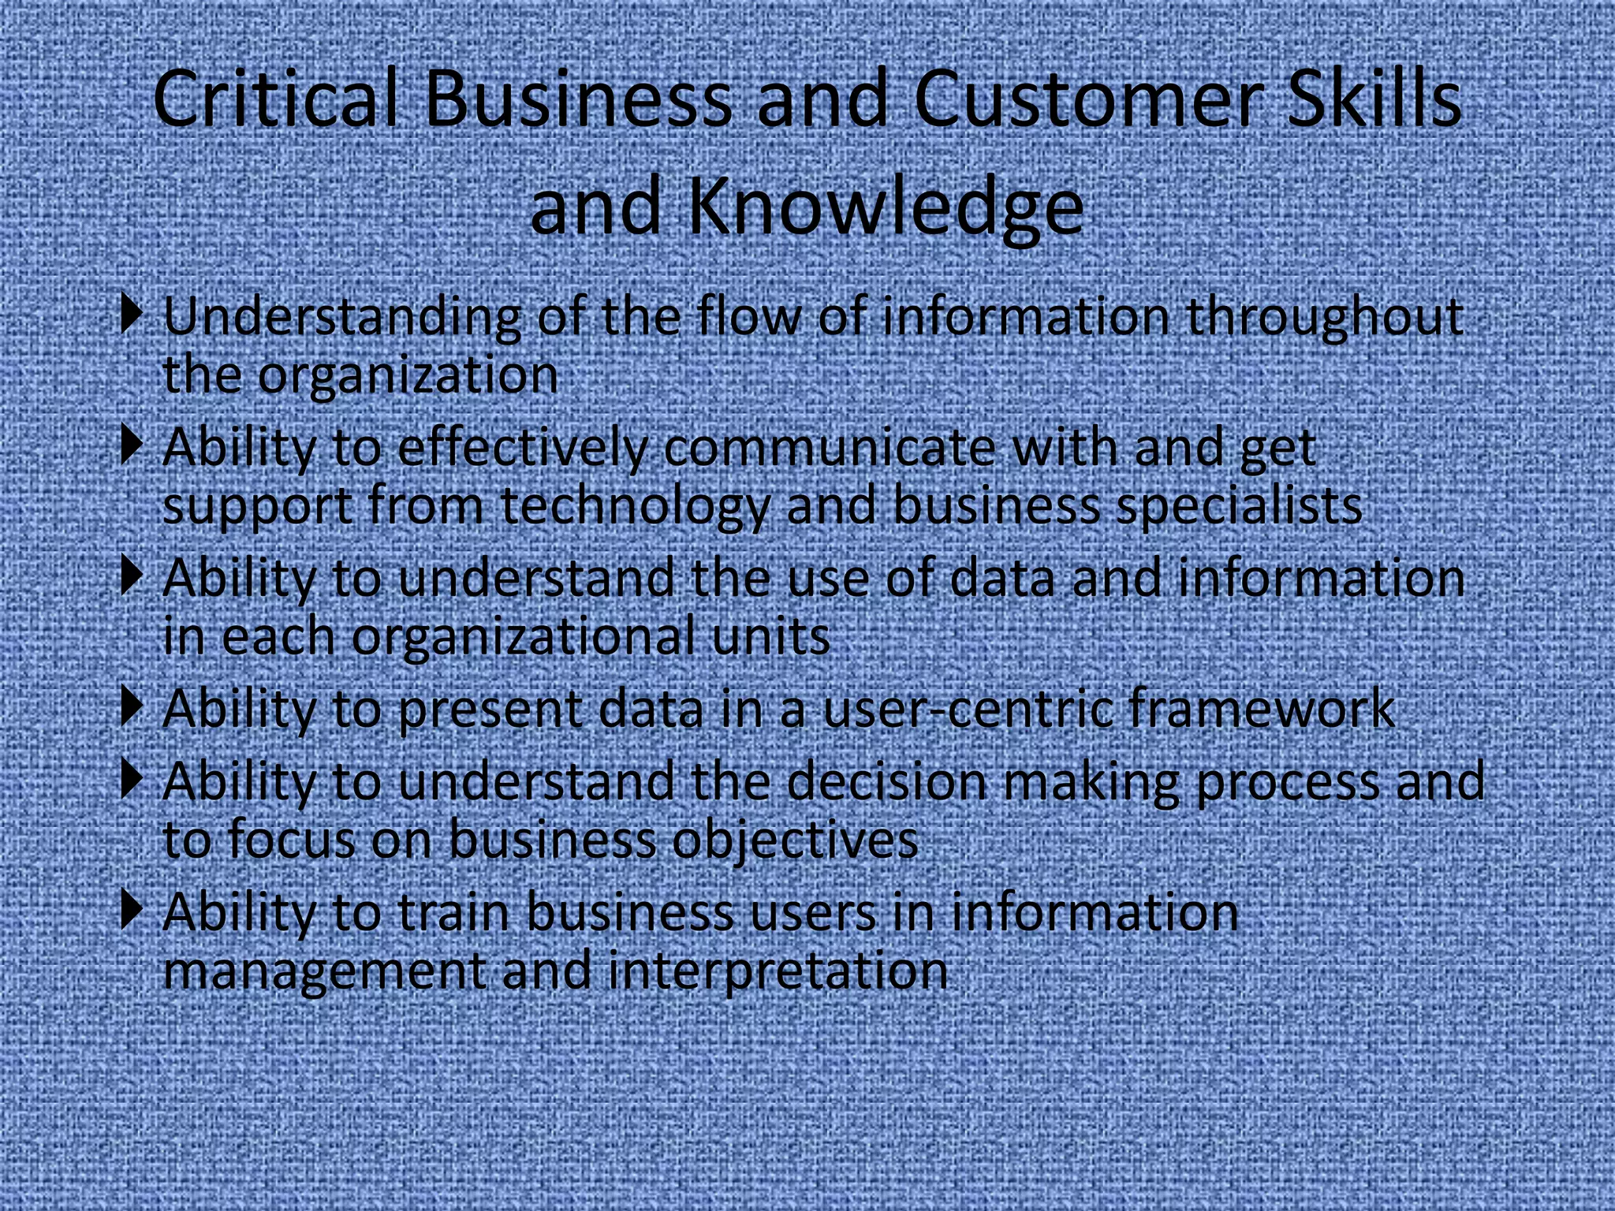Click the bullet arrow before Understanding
132,314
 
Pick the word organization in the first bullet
408,375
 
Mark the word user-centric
967,708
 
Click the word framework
1262,708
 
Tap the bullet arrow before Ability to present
132,706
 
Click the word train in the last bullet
453,912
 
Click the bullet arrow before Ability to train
132,910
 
